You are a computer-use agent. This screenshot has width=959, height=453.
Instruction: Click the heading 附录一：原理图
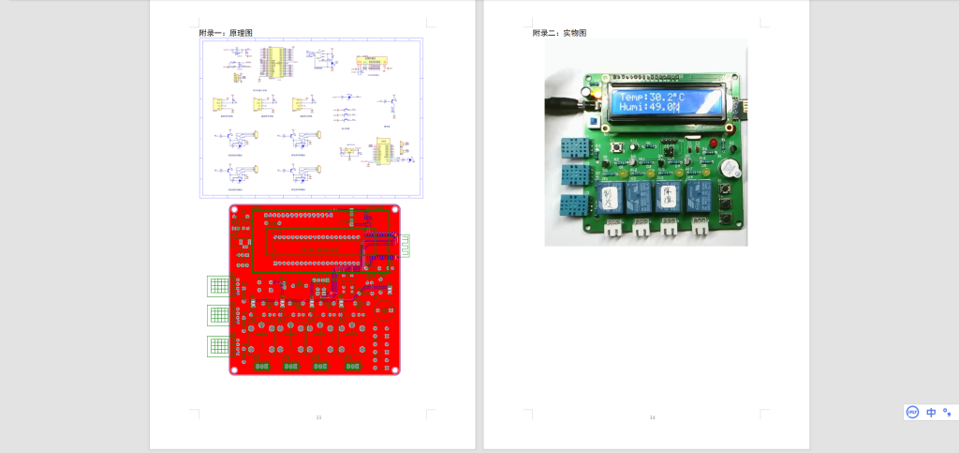point(226,33)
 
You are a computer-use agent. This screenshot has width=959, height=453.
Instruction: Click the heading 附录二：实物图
point(559,33)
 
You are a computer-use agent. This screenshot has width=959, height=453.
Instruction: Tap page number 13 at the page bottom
point(318,416)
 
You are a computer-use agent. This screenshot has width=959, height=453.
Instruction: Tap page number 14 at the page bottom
point(653,416)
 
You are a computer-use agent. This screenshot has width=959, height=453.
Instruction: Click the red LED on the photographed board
point(714,143)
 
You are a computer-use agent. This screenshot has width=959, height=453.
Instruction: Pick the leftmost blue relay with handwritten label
point(610,196)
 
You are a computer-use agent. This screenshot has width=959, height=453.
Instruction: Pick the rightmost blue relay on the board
point(699,195)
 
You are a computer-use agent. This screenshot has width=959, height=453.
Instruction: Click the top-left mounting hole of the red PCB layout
point(235,210)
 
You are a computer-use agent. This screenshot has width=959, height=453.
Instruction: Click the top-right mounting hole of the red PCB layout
point(395,210)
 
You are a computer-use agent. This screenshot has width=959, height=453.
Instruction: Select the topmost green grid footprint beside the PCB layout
point(218,285)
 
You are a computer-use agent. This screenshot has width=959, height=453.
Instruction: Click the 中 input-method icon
point(931,412)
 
